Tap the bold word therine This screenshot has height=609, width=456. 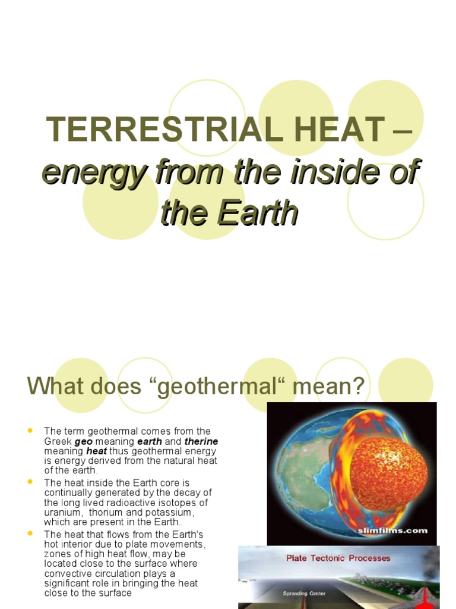click(x=201, y=441)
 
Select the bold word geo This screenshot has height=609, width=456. click(x=84, y=441)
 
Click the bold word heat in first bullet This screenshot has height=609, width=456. click(x=97, y=451)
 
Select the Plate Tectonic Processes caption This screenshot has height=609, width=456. click(x=338, y=558)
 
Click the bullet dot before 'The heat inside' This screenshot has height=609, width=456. click(x=30, y=482)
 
